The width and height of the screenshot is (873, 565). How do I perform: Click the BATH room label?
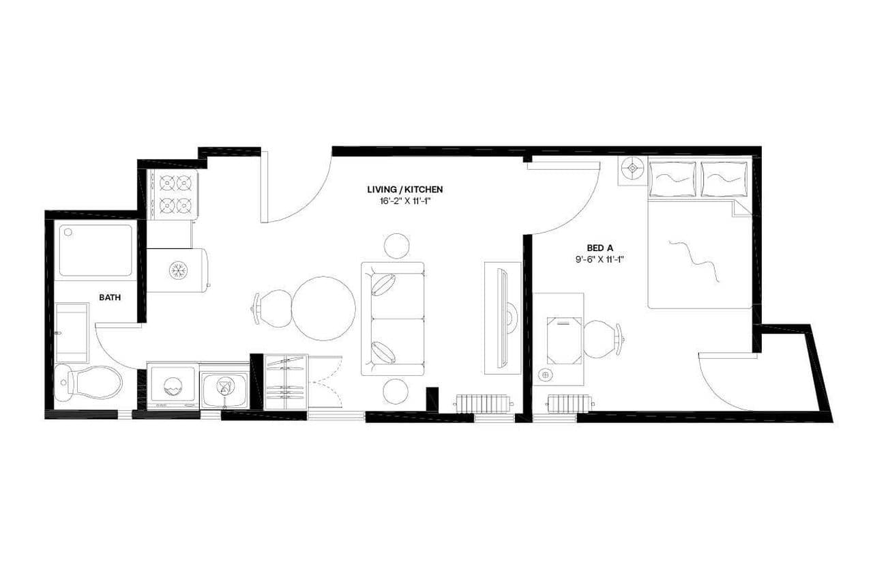[x=110, y=297]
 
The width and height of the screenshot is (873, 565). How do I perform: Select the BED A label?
[x=599, y=248]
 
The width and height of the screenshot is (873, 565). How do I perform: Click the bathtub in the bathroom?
[x=95, y=250]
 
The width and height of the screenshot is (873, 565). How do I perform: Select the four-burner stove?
[x=174, y=194]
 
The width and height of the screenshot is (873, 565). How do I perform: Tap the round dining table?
[x=323, y=308]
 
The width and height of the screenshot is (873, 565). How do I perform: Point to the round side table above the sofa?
[x=396, y=246]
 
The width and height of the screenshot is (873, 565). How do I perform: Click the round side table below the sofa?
[x=396, y=391]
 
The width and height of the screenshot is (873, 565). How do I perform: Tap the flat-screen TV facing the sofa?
[x=503, y=318]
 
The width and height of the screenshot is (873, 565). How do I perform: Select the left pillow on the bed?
[x=672, y=179]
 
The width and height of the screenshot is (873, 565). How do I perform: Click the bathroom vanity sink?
[x=72, y=334]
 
